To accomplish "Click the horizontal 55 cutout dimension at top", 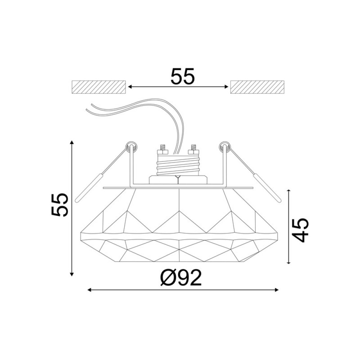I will pos(183,77).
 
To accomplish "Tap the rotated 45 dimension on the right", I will pos(300,230).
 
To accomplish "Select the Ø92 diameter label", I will pos(181,278).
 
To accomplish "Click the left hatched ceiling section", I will pos(99,87).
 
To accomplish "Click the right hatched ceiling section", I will pos(257,87).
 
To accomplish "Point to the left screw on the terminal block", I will pos(162,148).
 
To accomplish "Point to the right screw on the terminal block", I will pos(194,148).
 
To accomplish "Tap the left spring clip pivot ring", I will pos(131,146).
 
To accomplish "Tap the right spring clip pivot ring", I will pos(224,146).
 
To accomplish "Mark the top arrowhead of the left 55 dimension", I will pos(72,142).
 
